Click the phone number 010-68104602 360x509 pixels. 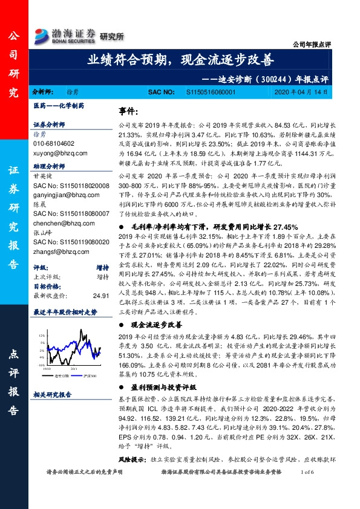(54, 144)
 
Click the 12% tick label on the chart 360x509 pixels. (41, 334)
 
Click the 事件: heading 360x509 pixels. (129, 112)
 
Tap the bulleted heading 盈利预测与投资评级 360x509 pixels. (162, 385)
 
